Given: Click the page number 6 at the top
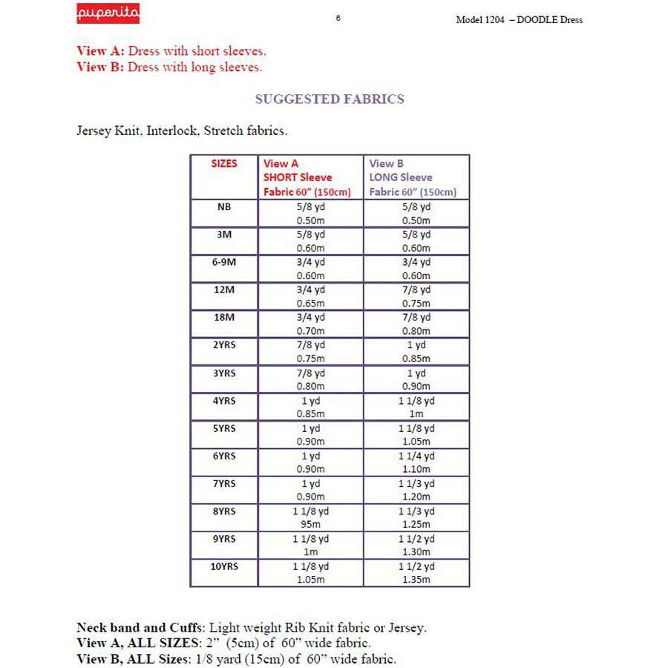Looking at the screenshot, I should (x=338, y=18).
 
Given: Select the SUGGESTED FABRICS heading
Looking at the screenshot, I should (x=330, y=99).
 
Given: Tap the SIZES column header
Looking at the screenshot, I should (x=224, y=163).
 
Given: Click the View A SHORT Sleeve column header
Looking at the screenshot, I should (x=310, y=177).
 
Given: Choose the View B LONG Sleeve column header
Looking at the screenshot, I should (x=416, y=177).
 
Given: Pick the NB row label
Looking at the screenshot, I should (x=224, y=207).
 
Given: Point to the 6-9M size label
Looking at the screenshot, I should (x=224, y=263).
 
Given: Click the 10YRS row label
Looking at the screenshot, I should (x=224, y=566).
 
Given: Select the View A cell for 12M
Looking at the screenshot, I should (x=310, y=296).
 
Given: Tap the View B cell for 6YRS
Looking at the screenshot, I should (x=416, y=462).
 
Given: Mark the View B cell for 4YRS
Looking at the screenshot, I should (x=416, y=407).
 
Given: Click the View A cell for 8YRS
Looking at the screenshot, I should (x=310, y=517).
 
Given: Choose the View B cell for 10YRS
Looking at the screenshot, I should (x=416, y=573).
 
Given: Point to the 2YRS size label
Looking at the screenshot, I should (x=224, y=345).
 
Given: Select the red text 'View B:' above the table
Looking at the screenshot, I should (x=100, y=67).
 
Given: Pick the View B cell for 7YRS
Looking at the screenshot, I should (x=416, y=490).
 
